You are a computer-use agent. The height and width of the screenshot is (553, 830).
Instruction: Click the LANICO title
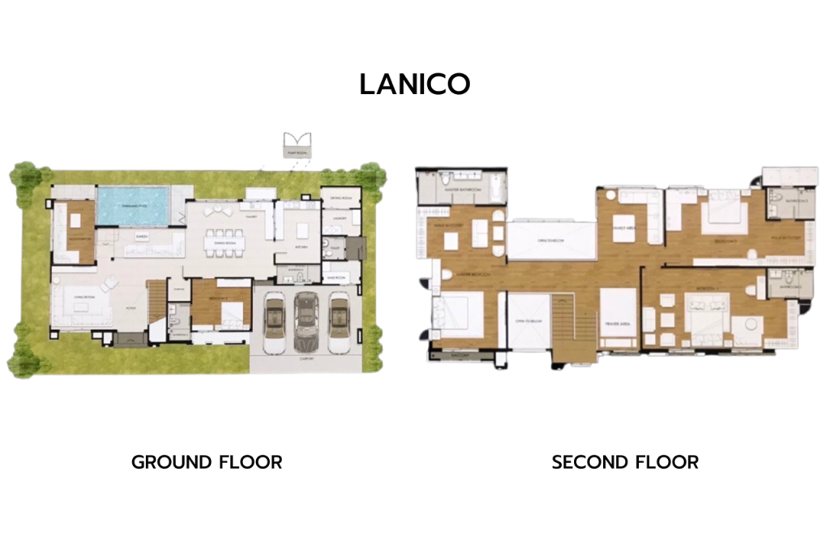click(x=415, y=84)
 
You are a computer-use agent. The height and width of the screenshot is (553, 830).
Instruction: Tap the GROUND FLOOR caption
click(x=207, y=462)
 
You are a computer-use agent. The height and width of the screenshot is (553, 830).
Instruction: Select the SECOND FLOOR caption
click(x=625, y=462)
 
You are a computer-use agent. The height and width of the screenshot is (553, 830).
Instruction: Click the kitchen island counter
click(x=302, y=230)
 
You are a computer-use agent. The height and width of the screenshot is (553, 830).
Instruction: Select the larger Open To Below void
click(x=543, y=241)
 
